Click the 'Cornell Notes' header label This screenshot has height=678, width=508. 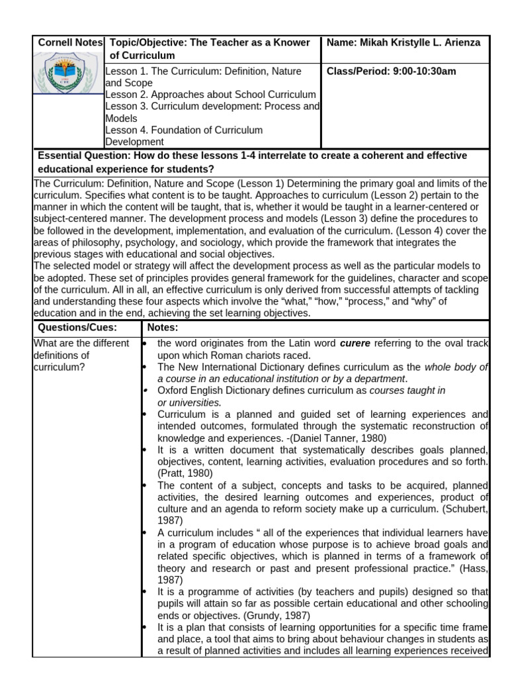[x=70, y=43]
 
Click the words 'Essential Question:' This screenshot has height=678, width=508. [x=84, y=156]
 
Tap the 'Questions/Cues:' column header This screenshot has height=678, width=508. [x=77, y=327]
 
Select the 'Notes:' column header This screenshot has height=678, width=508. [x=163, y=327]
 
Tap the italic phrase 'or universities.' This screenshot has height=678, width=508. [x=189, y=402]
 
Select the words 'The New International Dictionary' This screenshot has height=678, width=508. [x=231, y=367]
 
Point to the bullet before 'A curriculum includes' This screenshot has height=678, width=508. [x=145, y=532]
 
